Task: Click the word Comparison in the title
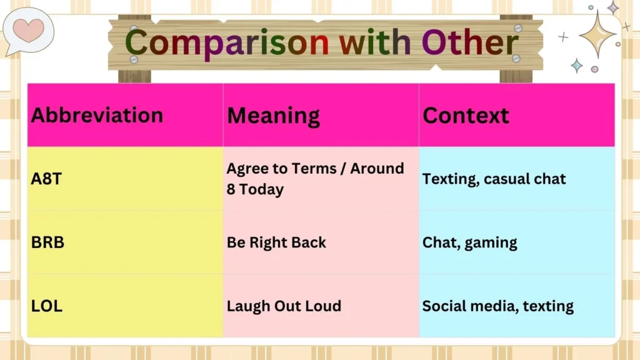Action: point(227,43)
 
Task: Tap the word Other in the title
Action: point(470,43)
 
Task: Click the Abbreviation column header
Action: point(97,116)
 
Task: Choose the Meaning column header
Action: point(273,116)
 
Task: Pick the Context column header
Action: point(466,116)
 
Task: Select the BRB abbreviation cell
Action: point(47,242)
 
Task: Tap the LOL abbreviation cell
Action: point(47,306)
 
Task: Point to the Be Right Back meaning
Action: point(276,242)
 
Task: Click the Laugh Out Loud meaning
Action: point(284,306)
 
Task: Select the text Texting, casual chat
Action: point(494,179)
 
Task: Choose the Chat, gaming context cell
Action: point(469,242)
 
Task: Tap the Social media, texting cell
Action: point(497,306)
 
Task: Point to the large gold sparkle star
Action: point(597,34)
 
